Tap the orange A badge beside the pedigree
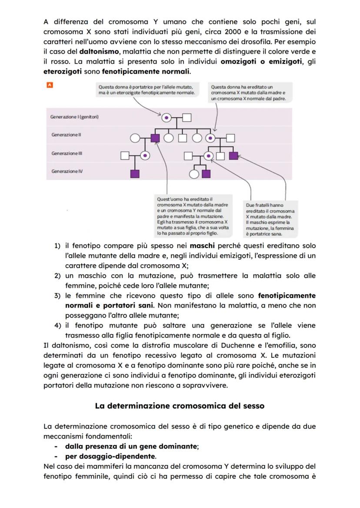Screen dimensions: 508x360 point(50,86)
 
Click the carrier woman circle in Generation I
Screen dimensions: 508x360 point(166,117)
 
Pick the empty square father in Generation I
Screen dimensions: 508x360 point(187,117)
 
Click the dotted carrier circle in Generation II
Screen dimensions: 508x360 point(210,138)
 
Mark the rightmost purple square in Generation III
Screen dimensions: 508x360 point(233,155)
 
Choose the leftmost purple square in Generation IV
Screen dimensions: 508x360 point(135,174)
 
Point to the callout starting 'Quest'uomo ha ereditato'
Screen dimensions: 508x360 point(192,216)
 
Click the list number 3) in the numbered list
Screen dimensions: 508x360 point(57,296)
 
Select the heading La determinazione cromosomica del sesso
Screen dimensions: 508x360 point(180,406)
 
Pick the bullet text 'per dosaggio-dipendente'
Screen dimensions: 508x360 point(110,456)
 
